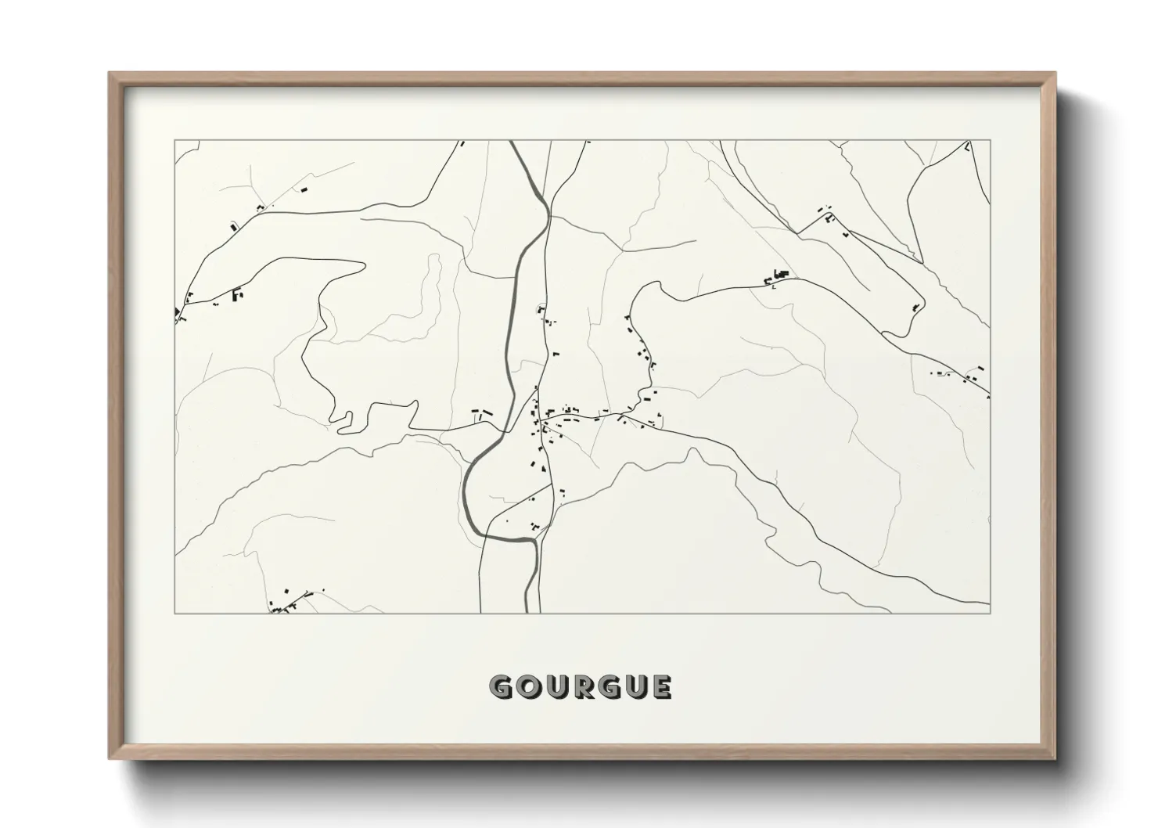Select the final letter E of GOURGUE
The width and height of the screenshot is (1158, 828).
click(661, 687)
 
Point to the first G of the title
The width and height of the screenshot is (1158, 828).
click(501, 687)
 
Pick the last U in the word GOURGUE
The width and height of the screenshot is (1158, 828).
click(635, 687)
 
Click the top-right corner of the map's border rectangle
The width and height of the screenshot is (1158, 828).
click(990, 140)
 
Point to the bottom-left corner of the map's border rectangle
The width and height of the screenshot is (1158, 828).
click(175, 612)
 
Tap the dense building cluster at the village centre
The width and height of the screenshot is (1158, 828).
click(548, 419)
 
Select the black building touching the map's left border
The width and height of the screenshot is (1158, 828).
click(178, 313)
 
